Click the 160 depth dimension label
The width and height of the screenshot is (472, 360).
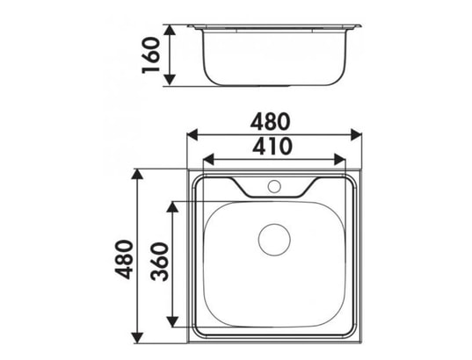150,55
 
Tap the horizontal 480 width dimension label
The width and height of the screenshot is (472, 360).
271,121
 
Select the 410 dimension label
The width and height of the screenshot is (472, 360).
272,146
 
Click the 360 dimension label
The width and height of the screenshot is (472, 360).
160,262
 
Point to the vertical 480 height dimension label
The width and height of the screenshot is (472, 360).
124,260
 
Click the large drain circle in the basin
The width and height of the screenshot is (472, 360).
274,240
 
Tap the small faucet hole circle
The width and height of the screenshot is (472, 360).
274,186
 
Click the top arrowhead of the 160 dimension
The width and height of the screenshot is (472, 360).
170,31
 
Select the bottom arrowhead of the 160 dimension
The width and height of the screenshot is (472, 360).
170,80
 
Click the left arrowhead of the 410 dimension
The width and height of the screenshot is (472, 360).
208,160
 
